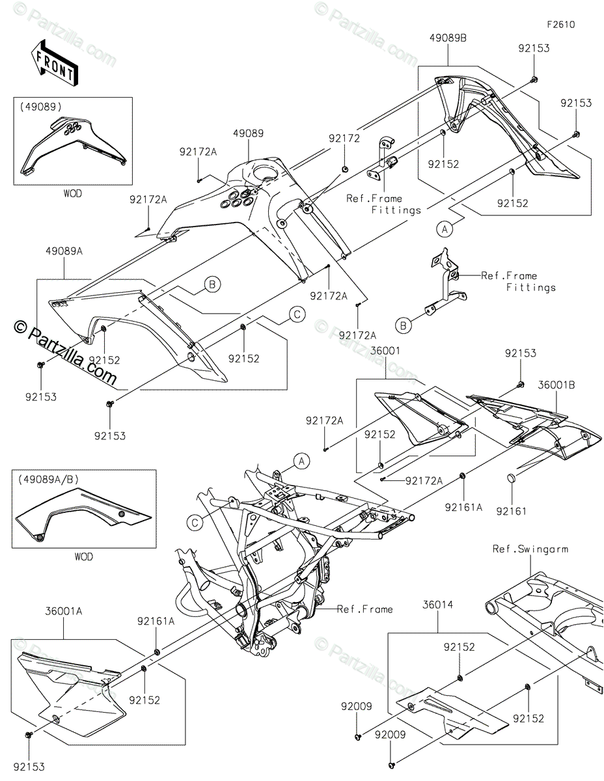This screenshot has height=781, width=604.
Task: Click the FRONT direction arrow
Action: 54,62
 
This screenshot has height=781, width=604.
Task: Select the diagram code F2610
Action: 560,25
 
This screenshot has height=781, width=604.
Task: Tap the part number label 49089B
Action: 448,38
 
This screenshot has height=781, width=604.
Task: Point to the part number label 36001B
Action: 556,385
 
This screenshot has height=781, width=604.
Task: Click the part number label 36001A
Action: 63,612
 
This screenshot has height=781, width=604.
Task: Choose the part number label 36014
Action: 438,605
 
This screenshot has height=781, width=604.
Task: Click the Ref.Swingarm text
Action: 530,549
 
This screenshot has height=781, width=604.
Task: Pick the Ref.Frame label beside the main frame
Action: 365,609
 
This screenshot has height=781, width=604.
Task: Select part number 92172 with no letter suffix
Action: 344,138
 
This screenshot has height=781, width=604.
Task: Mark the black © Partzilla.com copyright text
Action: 65,351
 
